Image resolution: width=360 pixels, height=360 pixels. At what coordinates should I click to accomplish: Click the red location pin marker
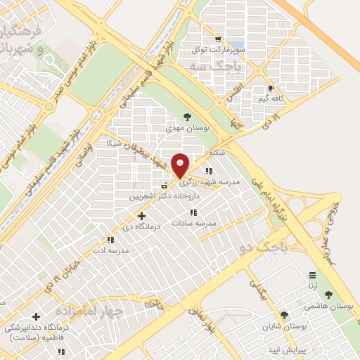pos(181,165)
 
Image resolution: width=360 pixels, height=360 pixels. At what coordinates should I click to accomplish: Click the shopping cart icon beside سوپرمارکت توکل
pos(219,39)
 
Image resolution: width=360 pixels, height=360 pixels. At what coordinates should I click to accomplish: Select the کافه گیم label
pos(271,99)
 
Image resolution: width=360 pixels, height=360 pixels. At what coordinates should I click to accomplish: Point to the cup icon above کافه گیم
pos(271,89)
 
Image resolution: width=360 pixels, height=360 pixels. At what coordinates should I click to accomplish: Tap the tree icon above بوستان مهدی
pos(186,117)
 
